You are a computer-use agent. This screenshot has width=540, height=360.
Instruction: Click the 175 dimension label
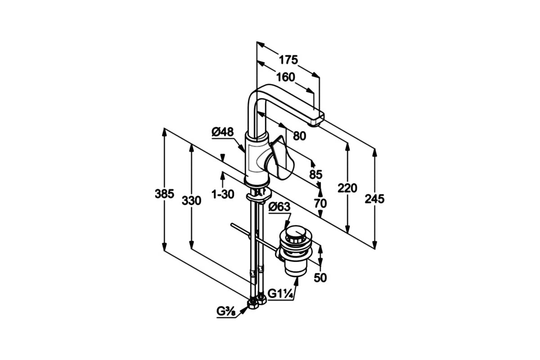point(288,60)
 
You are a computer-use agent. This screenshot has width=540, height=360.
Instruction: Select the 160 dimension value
point(286,77)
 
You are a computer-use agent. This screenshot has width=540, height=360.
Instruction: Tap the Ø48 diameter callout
point(223,132)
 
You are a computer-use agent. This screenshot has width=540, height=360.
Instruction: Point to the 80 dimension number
point(300,136)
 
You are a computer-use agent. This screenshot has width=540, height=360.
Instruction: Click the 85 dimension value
point(316,174)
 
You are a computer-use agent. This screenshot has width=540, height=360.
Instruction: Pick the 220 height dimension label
point(347,188)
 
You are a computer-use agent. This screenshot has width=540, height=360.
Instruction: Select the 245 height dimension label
point(374,199)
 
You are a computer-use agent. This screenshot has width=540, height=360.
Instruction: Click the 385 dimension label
point(164,193)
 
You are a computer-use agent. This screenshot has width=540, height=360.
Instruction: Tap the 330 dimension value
point(191,201)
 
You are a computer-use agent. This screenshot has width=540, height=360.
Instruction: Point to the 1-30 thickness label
point(223,194)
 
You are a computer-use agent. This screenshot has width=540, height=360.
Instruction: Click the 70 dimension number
point(320,203)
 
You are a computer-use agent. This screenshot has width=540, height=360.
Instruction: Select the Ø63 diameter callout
point(279,207)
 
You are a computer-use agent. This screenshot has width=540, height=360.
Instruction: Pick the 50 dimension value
point(320,278)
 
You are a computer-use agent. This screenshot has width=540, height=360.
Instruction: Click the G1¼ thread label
point(280,294)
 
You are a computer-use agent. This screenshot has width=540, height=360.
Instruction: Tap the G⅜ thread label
point(226,311)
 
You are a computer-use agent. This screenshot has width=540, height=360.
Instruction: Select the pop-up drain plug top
point(296,232)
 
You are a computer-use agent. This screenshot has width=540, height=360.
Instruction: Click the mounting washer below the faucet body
point(259,196)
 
